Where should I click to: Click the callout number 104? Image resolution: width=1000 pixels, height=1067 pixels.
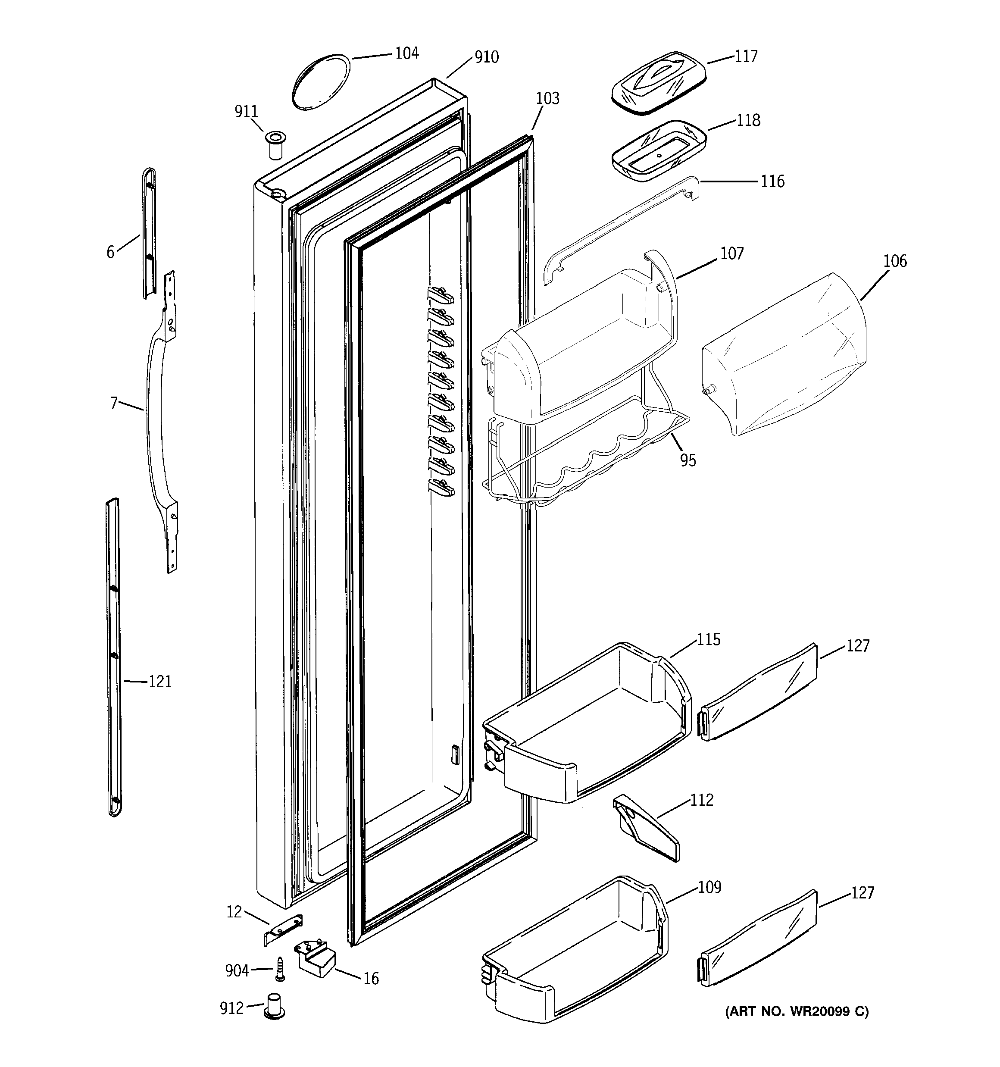(x=406, y=53)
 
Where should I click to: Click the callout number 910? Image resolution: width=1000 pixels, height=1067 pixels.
(x=486, y=57)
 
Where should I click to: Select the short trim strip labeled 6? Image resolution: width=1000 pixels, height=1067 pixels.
(x=149, y=234)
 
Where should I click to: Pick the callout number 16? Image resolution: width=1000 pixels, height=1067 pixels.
(x=371, y=979)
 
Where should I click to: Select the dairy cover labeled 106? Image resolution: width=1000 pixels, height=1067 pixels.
(x=784, y=354)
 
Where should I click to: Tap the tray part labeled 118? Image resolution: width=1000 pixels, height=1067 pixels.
(x=658, y=150)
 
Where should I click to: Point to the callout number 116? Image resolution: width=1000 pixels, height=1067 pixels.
(x=772, y=181)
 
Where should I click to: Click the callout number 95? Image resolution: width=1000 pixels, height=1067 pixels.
(x=687, y=460)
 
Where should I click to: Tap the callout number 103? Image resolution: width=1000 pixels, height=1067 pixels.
(x=547, y=98)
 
